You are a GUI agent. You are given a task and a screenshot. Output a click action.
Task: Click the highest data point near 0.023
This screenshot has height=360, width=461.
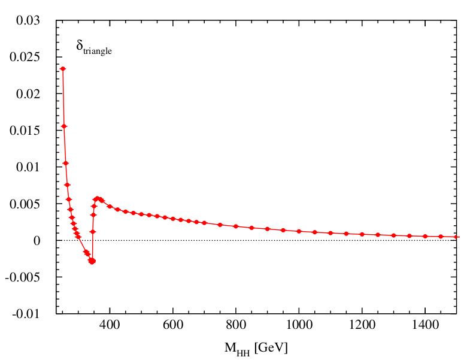point(63,69)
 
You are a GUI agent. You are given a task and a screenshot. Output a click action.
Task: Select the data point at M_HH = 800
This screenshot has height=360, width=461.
point(236,226)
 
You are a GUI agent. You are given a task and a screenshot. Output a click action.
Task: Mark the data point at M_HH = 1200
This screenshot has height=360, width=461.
point(362,234)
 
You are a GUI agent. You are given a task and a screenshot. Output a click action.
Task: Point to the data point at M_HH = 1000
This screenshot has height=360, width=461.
point(299,231)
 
